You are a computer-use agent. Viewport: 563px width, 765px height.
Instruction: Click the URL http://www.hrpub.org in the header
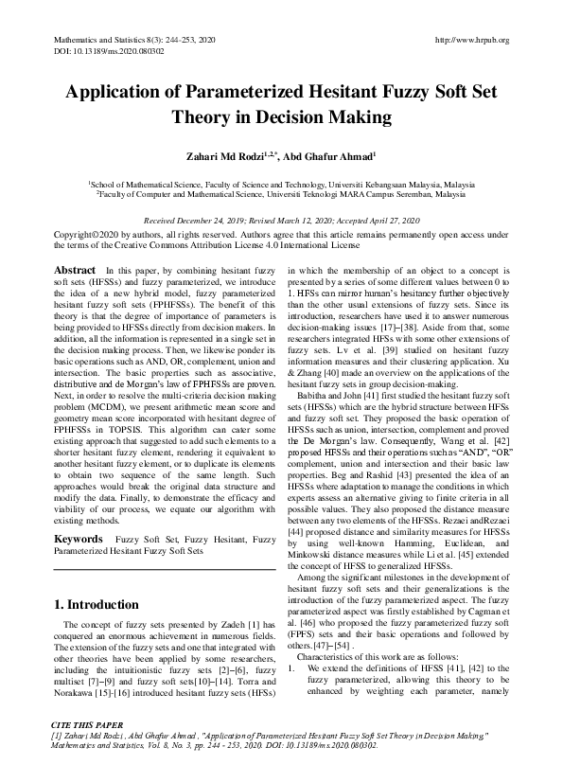tap(470, 40)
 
